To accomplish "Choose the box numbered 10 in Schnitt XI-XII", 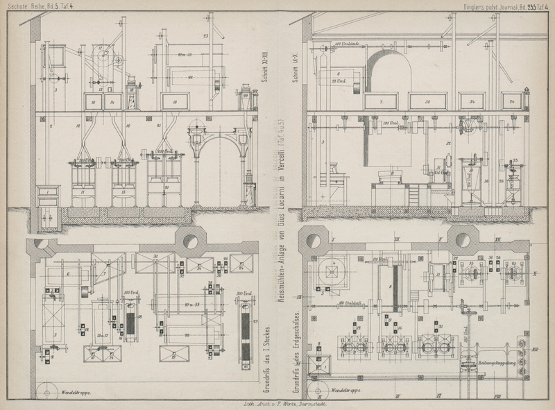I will click(x=93, y=101).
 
